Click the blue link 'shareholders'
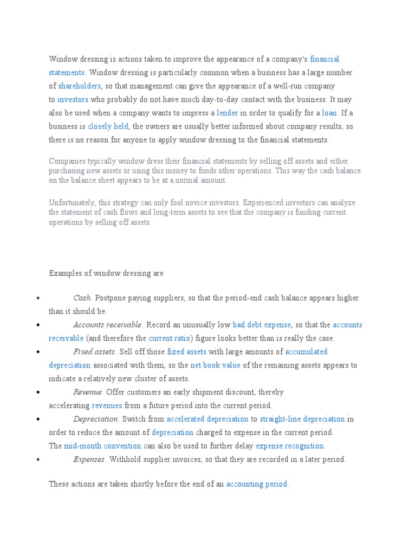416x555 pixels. click(80, 86)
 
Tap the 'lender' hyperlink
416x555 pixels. click(227, 113)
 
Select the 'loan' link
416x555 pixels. click(329, 113)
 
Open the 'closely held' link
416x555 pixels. click(108, 127)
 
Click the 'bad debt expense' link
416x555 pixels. click(262, 325)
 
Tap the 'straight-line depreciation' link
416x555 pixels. click(302, 420)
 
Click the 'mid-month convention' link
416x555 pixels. click(102, 447)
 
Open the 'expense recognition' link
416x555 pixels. click(290, 447)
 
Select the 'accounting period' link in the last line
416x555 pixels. click(257, 485)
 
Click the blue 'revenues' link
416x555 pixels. click(107, 406)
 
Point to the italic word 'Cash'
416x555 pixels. click(82, 298)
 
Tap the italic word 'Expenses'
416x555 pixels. click(89, 460)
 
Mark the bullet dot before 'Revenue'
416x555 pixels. click(37, 392)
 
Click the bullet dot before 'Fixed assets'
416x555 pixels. click(37, 352)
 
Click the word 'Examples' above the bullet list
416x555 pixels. click(64, 274)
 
